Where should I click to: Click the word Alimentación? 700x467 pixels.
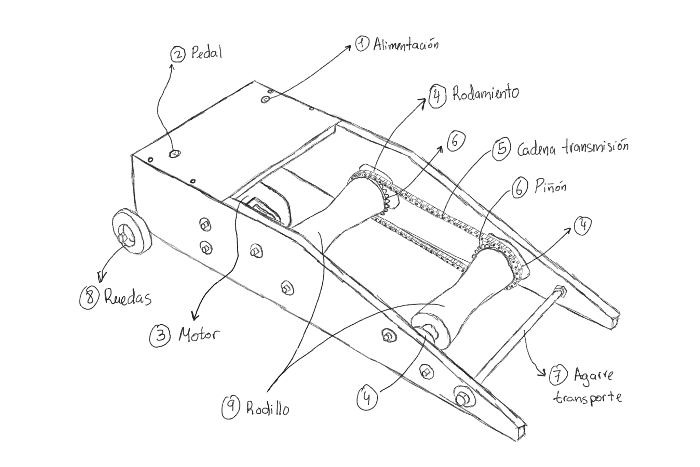[405, 45]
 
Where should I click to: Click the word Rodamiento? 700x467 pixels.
[485, 93]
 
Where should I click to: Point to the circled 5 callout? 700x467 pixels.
[501, 149]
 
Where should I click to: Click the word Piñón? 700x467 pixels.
[550, 187]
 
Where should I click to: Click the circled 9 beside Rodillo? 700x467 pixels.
[231, 407]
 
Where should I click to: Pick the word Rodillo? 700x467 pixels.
[268, 408]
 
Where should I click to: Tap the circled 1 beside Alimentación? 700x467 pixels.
[361, 44]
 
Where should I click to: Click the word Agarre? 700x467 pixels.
[593, 375]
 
